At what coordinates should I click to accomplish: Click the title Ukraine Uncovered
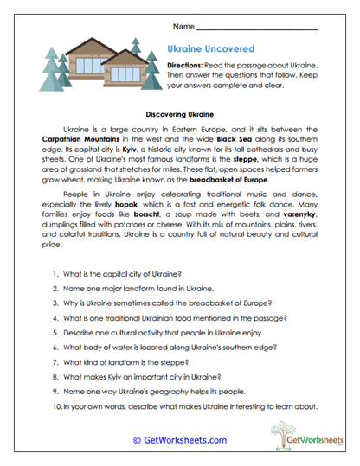[x=211, y=50]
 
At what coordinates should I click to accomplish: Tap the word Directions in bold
[x=187, y=67]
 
